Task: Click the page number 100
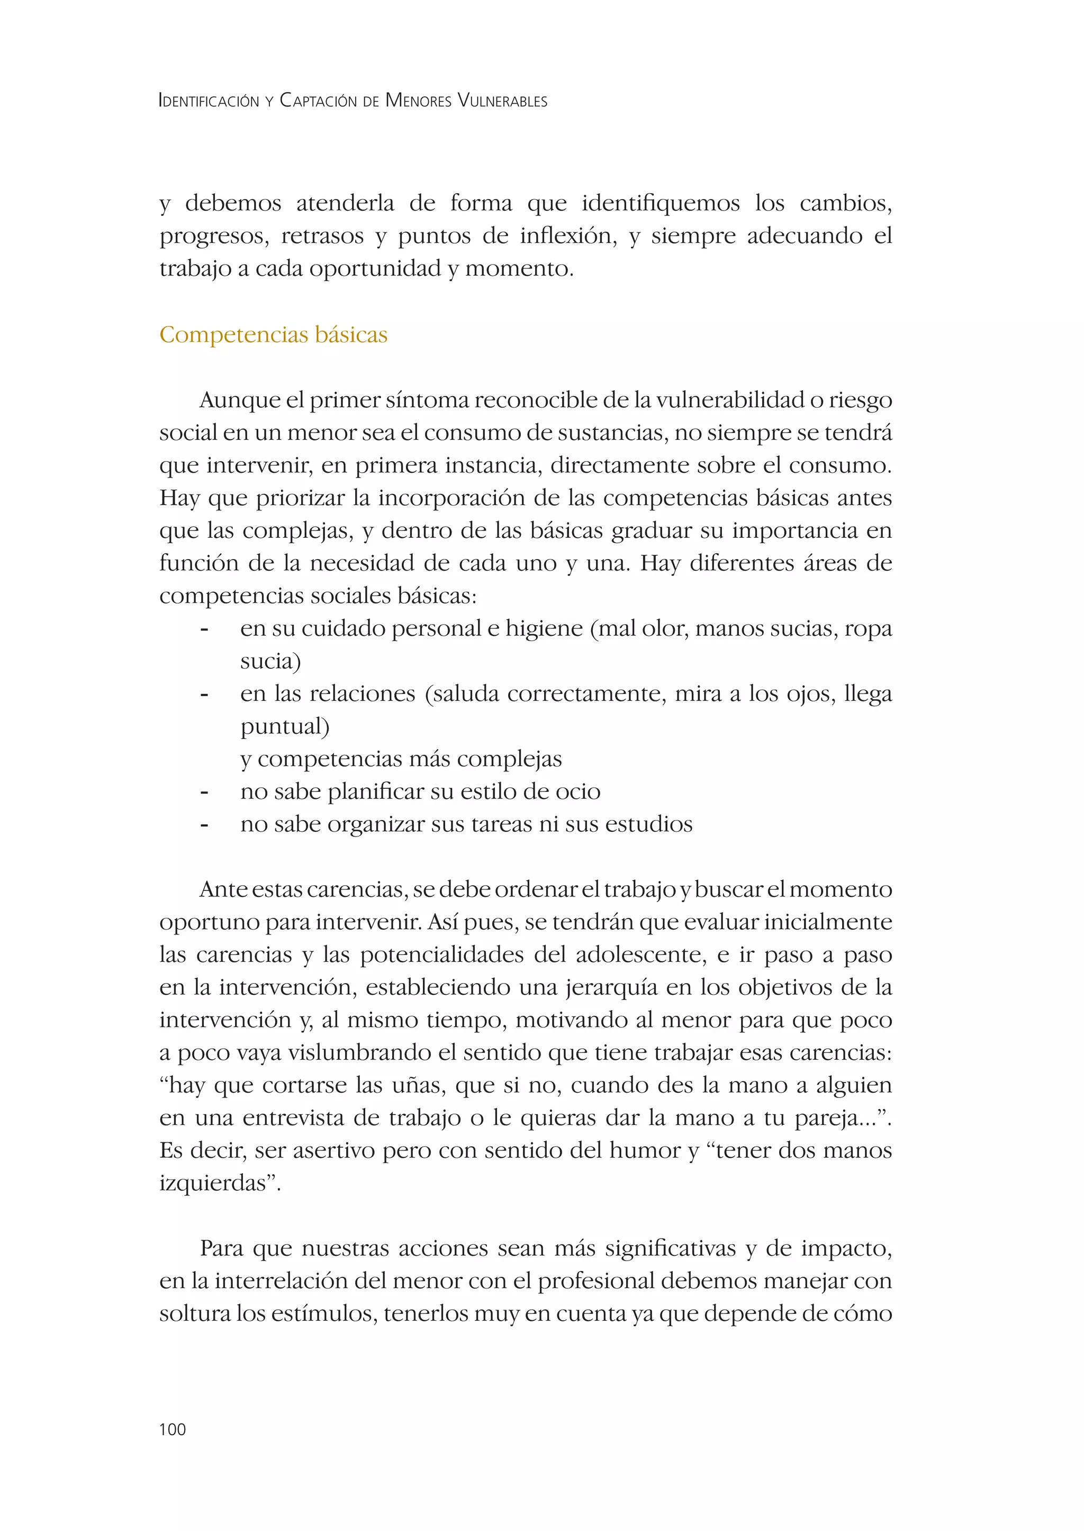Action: (172, 1429)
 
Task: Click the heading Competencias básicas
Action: (273, 335)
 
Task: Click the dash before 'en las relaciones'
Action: (204, 695)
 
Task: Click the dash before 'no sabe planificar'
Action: (204, 792)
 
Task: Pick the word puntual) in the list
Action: (285, 726)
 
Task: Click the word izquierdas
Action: (217, 1183)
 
